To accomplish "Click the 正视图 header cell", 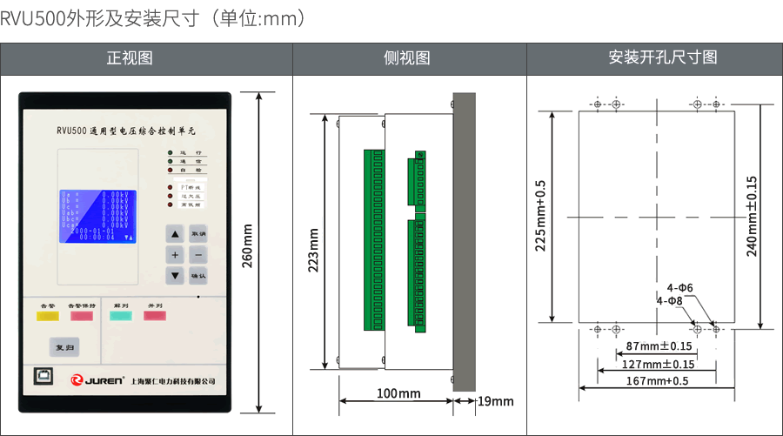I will click(x=130, y=58).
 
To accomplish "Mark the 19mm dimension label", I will click(x=496, y=401).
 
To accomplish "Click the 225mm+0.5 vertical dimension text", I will click(x=540, y=216).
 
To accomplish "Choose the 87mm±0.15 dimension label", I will click(x=654, y=346).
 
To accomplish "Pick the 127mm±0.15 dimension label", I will click(x=659, y=364).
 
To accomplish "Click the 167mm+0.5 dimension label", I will click(x=657, y=381).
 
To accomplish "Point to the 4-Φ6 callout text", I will click(x=679, y=287).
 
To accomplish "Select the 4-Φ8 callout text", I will click(x=669, y=300).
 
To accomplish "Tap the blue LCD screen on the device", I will click(x=97, y=215).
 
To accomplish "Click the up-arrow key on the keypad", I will click(x=175, y=234).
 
